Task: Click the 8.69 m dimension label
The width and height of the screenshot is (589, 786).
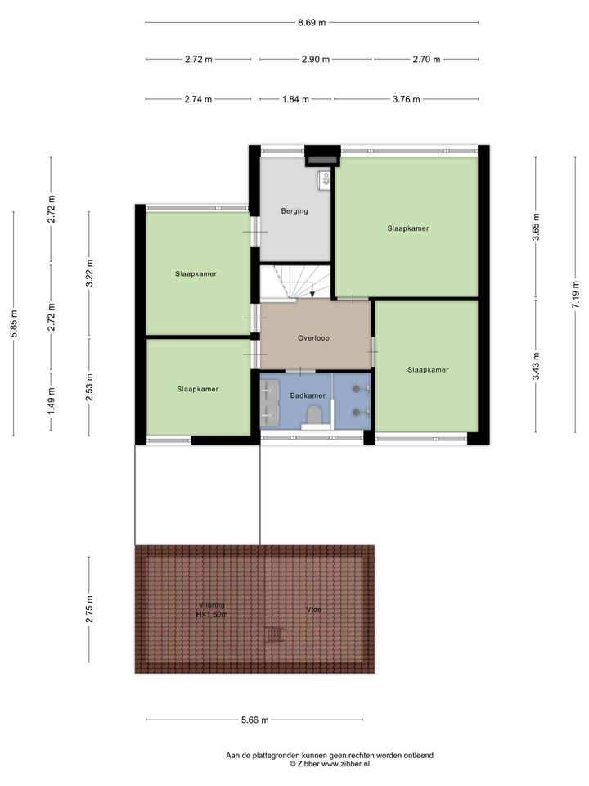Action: coord(312,23)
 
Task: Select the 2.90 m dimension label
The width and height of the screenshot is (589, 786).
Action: coord(316,60)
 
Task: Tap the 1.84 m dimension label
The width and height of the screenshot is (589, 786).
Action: coord(295,99)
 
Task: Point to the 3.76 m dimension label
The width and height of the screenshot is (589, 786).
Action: coord(407,99)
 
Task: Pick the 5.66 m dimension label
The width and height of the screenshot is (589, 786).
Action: coord(255,720)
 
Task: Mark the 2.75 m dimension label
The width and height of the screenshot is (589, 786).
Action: coord(89,609)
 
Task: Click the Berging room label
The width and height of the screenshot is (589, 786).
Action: coord(294,211)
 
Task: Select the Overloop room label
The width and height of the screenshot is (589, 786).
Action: coord(313,338)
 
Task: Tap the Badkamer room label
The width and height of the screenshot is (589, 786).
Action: coord(308,395)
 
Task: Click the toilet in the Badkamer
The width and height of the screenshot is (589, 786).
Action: coord(314,417)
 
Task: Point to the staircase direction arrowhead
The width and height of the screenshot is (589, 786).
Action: coord(312,294)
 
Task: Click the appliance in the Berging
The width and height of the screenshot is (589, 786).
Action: coord(324,178)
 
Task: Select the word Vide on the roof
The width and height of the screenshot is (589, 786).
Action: coord(313,609)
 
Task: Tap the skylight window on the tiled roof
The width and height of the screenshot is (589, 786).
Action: coord(275,634)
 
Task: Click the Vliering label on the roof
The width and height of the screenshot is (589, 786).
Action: coord(211,605)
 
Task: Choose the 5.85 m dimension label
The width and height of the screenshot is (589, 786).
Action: coord(14,324)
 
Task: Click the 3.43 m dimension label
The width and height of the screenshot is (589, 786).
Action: coord(536,367)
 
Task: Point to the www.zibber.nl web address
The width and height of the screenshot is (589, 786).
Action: coord(345,764)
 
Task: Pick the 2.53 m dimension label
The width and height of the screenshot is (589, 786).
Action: coord(89,387)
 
